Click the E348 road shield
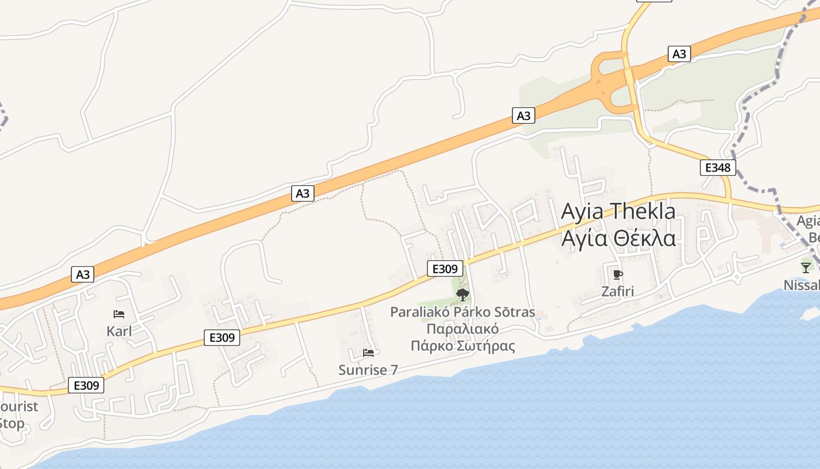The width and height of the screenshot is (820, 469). [717, 168]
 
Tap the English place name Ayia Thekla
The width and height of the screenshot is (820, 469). [618, 211]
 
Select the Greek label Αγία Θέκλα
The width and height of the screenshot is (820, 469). [618, 239]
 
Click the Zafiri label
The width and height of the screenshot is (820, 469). [617, 291]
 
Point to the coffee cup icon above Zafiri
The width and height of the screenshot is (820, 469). [617, 274]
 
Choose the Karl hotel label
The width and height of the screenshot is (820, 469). [119, 331]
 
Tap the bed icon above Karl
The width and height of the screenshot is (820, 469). [119, 314]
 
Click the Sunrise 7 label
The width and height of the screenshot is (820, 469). [368, 370]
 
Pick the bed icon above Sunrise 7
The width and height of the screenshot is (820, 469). [368, 352]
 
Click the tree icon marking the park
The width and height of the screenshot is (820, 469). [462, 294]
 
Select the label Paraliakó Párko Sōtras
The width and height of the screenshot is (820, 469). [463, 312]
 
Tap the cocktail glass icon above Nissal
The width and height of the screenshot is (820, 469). [806, 268]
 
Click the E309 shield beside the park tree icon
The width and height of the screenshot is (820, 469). [445, 269]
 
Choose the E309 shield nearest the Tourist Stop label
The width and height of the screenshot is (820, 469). [86, 385]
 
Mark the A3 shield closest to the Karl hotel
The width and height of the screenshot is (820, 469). [83, 274]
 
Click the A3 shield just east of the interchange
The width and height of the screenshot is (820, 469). [679, 55]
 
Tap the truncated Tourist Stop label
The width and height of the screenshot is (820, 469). [18, 414]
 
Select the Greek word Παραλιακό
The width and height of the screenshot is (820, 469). [463, 329]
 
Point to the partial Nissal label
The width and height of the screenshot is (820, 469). [802, 286]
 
